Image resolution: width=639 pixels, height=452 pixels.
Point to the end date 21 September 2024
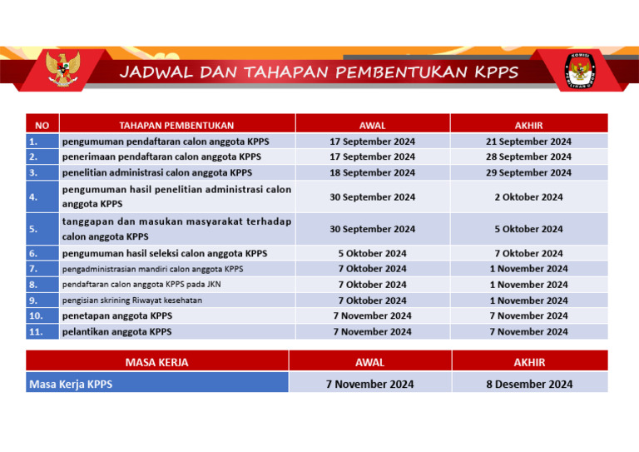(x=528, y=142)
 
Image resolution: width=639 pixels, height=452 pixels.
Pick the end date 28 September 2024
(x=528, y=156)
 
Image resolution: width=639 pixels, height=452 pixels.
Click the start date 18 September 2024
(x=372, y=173)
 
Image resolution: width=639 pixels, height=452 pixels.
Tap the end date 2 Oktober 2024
(x=528, y=197)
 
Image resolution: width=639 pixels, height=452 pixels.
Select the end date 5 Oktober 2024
(x=528, y=229)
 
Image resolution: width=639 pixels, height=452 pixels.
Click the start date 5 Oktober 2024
(x=372, y=253)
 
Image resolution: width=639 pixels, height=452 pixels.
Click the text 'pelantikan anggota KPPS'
(x=116, y=331)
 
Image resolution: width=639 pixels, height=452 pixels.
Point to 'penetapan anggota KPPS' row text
(x=116, y=315)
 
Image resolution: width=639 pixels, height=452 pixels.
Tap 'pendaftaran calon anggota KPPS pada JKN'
(x=141, y=285)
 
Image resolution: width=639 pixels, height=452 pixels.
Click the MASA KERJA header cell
(x=156, y=362)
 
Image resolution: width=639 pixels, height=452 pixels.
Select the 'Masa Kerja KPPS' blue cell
(x=156, y=384)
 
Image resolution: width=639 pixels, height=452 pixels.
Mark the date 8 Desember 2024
(x=529, y=384)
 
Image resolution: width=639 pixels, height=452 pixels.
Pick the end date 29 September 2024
(x=528, y=173)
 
